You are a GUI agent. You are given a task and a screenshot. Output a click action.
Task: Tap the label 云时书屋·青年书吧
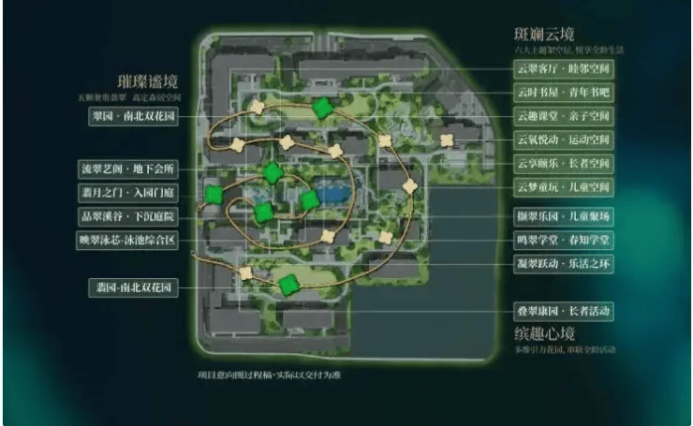(x=564, y=94)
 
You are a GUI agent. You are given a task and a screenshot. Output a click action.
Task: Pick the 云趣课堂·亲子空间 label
(x=564, y=117)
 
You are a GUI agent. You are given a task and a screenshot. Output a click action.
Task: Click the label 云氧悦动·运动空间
(x=564, y=140)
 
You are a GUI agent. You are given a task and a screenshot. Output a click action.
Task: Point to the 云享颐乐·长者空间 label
(x=564, y=164)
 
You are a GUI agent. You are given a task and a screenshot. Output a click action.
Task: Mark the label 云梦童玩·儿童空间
(x=564, y=187)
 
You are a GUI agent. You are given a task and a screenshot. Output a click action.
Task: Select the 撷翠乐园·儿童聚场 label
(x=564, y=217)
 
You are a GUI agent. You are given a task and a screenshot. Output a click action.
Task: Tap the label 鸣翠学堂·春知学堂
(x=564, y=241)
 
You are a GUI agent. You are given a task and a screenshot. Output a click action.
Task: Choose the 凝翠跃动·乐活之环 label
(x=564, y=265)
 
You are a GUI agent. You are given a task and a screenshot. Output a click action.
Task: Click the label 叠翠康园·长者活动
(x=564, y=310)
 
